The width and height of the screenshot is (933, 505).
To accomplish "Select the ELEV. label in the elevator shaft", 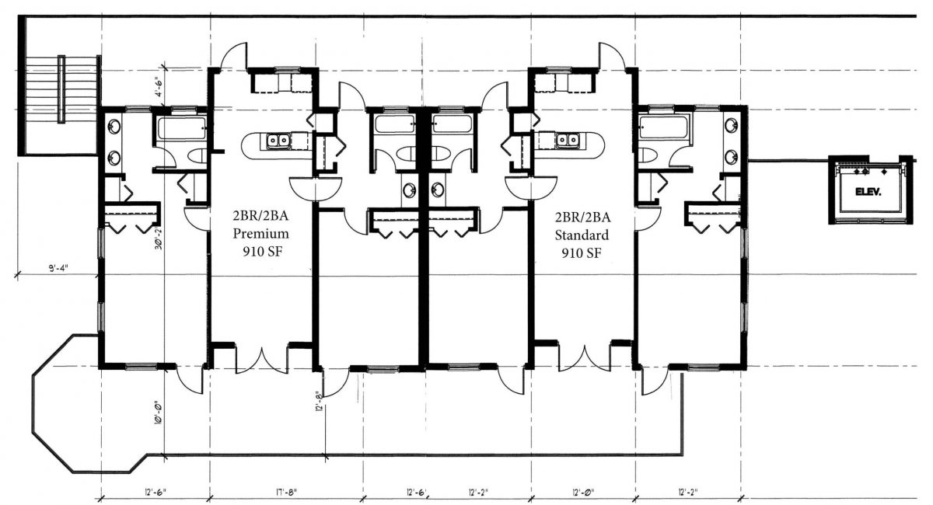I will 867,191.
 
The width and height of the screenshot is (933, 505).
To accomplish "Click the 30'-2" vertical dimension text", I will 158,237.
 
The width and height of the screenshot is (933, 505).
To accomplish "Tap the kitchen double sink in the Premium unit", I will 277,141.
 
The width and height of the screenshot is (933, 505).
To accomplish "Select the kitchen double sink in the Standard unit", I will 565,141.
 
